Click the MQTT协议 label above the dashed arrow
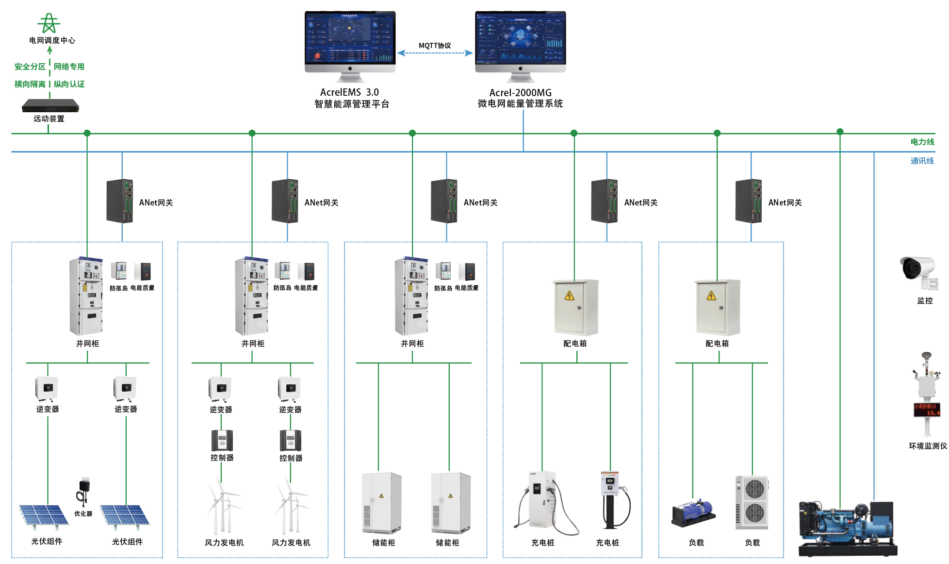(435, 46)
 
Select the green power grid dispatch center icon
(49, 23)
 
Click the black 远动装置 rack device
(50, 105)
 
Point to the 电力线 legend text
(922, 142)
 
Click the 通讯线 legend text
(922, 161)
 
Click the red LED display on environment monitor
(927, 410)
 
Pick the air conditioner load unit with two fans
(752, 502)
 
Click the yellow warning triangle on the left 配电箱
(570, 296)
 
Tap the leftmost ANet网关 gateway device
(120, 201)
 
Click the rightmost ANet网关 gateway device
(749, 201)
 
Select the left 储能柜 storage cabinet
(382, 503)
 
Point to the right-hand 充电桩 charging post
(612, 500)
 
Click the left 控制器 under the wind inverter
(222, 441)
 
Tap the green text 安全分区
(30, 67)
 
